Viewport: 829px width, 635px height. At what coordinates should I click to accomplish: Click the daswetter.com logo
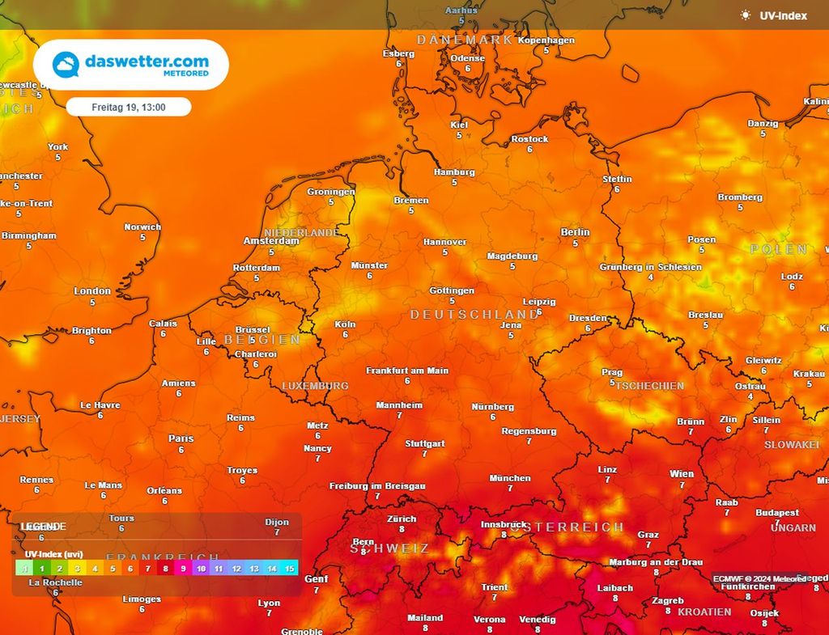(130, 65)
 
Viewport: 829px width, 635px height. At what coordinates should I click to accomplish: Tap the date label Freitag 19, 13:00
(129, 107)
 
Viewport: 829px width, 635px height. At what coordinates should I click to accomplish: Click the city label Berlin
(575, 232)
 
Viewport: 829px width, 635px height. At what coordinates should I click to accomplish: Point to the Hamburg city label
(454, 172)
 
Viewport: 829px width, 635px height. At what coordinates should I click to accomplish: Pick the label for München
(510, 478)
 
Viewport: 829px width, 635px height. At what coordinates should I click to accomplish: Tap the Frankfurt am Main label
(407, 370)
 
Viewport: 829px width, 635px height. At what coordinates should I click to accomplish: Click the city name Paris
(181, 438)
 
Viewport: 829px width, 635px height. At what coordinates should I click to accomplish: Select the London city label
(92, 291)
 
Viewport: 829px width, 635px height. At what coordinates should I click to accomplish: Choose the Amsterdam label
(271, 241)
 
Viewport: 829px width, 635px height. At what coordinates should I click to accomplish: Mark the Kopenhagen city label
(546, 40)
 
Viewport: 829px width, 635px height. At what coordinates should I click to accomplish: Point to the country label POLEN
(779, 249)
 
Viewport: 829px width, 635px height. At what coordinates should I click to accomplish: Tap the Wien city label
(682, 474)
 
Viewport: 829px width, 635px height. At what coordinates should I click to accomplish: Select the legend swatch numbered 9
(184, 569)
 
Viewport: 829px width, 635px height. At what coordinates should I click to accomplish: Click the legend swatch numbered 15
(290, 569)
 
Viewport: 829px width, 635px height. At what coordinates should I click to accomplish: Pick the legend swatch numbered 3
(78, 569)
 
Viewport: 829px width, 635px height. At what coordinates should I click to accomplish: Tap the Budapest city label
(777, 513)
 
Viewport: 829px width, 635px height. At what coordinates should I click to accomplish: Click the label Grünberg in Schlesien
(650, 267)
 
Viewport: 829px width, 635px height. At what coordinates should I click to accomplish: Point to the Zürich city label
(402, 519)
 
